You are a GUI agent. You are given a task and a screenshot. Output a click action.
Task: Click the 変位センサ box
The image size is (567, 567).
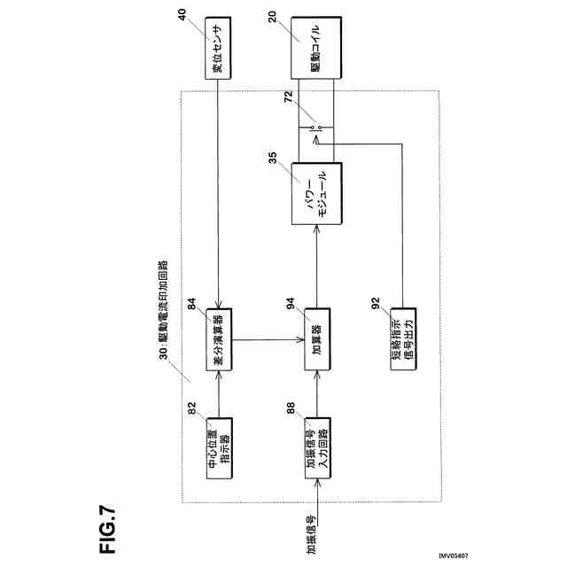click(x=216, y=46)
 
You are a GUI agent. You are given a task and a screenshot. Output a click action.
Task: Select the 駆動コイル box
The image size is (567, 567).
click(x=315, y=46)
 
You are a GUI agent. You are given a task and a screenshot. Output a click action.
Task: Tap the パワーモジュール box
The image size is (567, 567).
click(x=316, y=194)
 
